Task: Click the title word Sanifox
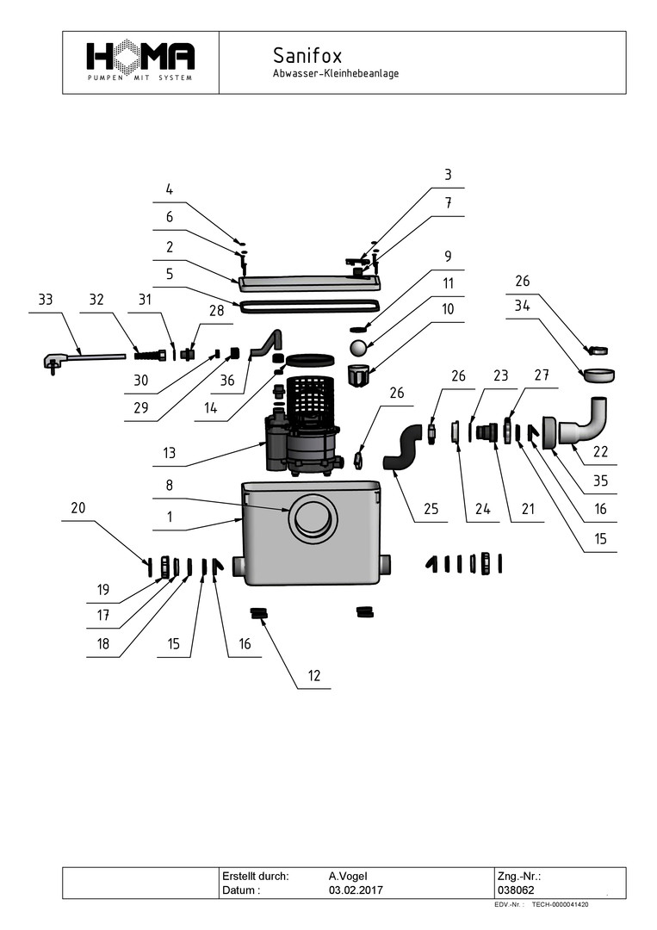tap(307, 56)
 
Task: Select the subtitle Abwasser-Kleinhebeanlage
tap(335, 74)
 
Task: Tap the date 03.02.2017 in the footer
tap(356, 890)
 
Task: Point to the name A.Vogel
tap(348, 875)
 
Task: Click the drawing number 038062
tap(516, 890)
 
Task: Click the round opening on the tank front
tap(313, 519)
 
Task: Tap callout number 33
tap(46, 301)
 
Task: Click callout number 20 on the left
tap(78, 508)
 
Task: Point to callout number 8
tap(169, 486)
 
